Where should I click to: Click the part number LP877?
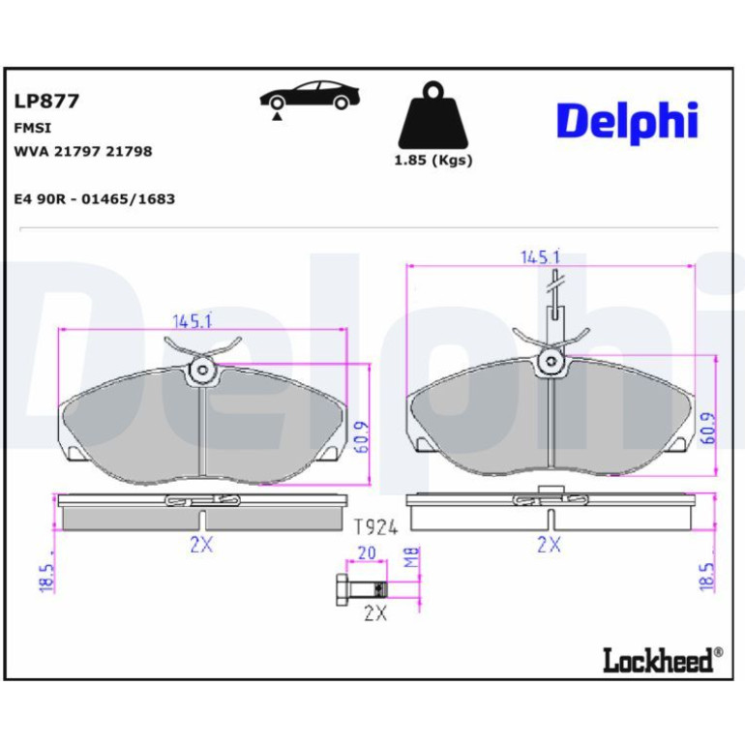pyautogui.click(x=46, y=102)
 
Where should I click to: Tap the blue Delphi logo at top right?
pyautogui.click(x=627, y=122)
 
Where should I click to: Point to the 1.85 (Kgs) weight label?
pyautogui.click(x=433, y=161)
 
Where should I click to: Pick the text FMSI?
pyautogui.click(x=33, y=129)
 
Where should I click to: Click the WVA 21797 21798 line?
pyautogui.click(x=83, y=152)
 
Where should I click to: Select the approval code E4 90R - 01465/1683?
pyautogui.click(x=95, y=198)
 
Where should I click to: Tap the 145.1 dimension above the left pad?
pyautogui.click(x=192, y=321)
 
